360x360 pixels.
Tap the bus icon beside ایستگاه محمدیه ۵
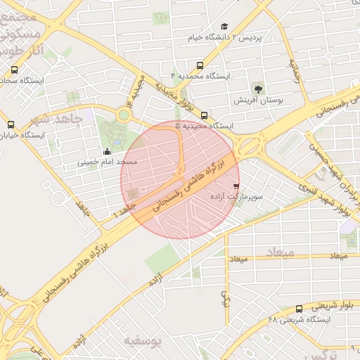[204, 115]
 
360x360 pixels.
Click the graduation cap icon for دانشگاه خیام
[224, 27]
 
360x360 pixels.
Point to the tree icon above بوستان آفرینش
[258, 89]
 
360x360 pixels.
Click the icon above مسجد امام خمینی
[107, 151]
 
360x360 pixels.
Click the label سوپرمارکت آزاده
[237, 198]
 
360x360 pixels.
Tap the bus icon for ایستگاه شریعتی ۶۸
[299, 308]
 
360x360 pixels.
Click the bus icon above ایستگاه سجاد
[15, 69]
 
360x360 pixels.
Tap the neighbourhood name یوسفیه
[143, 341]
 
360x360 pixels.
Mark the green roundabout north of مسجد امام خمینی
[124, 115]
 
